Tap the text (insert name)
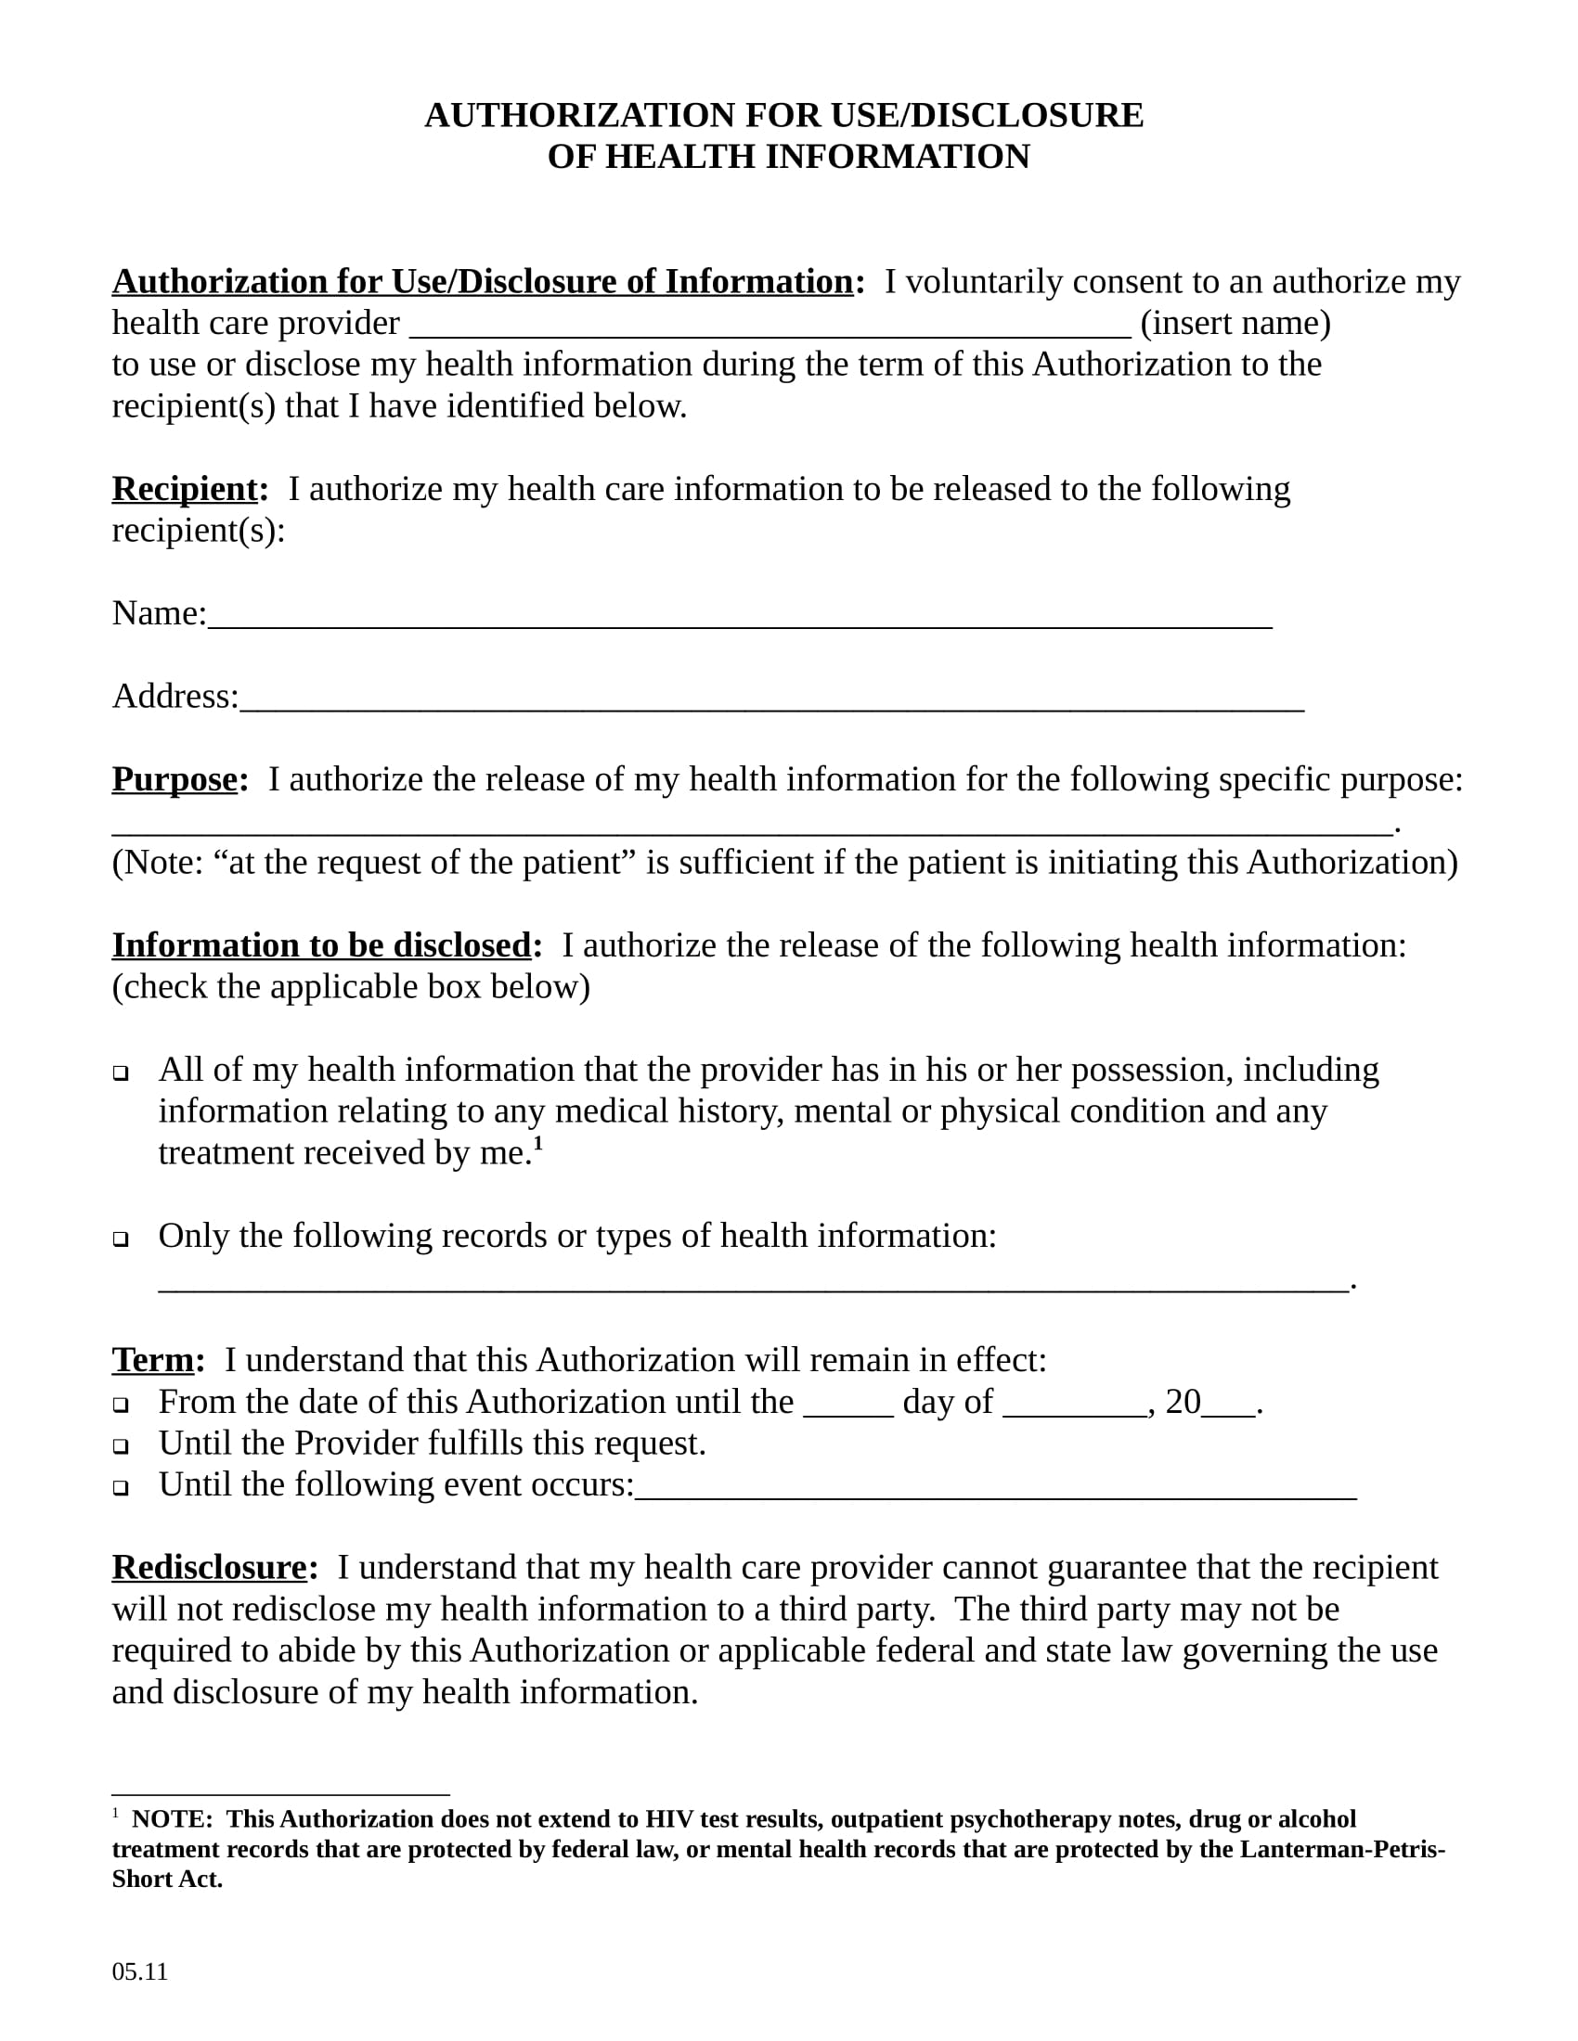coord(1235,324)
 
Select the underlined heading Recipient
coord(184,489)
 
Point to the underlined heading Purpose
coord(175,779)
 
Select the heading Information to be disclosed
coord(321,945)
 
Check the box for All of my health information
coord(121,1072)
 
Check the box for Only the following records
coord(121,1239)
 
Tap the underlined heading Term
coord(152,1360)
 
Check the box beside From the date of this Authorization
coord(121,1405)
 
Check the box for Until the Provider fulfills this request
coord(121,1446)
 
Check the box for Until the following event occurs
coord(121,1488)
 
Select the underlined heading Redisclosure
coord(210,1567)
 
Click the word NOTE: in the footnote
coord(172,1819)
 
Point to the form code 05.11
coord(139,1971)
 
